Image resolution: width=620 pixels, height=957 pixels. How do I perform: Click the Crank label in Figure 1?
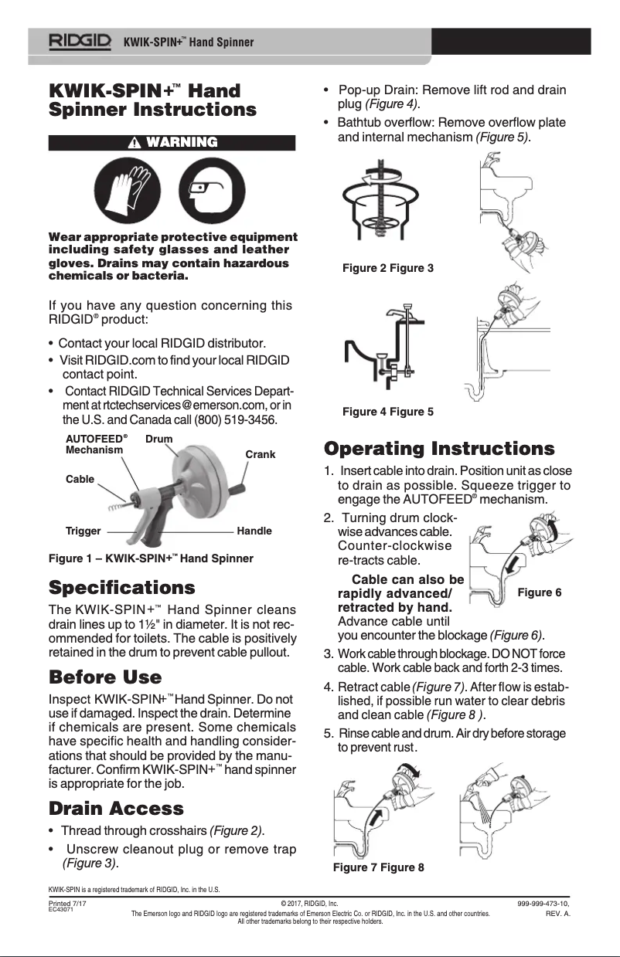pyautogui.click(x=260, y=454)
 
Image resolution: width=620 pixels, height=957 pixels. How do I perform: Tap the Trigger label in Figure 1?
pyautogui.click(x=83, y=531)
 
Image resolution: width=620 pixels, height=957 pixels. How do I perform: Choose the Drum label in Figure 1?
pyautogui.click(x=158, y=439)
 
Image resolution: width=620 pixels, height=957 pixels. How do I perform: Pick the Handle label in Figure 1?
pyautogui.click(x=254, y=531)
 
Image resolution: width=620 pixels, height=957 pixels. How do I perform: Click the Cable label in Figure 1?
pyautogui.click(x=80, y=479)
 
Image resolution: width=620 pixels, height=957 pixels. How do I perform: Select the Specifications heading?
pyautogui.click(x=121, y=587)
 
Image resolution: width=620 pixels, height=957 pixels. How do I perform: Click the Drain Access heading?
pyautogui.click(x=116, y=809)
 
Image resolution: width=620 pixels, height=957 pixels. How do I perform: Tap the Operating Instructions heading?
pyautogui.click(x=439, y=449)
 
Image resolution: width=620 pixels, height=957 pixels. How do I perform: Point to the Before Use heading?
pyautogui.click(x=105, y=677)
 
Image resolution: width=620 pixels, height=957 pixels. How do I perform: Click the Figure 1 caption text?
pyautogui.click(x=151, y=558)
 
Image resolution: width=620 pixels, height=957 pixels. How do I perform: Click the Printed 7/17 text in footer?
pyautogui.click(x=67, y=902)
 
